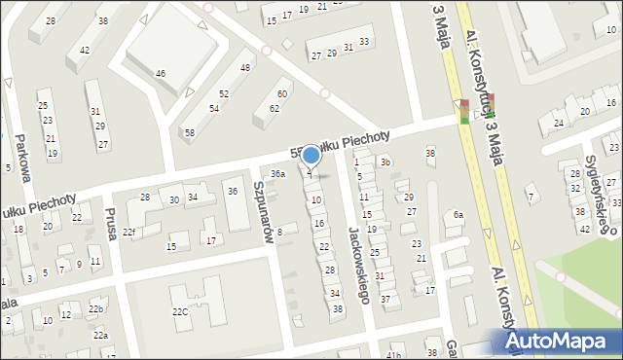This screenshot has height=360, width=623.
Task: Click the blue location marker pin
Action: pyautogui.click(x=311, y=155)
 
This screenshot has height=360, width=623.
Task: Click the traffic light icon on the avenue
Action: pyautogui.click(x=477, y=109)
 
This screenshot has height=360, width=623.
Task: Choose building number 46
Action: pyautogui.click(x=161, y=73)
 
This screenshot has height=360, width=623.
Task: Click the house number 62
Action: pyautogui.click(x=275, y=108)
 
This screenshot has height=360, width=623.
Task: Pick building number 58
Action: pyautogui.click(x=190, y=131)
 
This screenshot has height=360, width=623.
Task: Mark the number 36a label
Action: pyautogui.click(x=278, y=174)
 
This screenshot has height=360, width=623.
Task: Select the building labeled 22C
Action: pyautogui.click(x=180, y=311)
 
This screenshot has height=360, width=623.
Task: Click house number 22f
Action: pyautogui.click(x=128, y=232)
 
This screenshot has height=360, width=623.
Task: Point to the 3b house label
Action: pyautogui.click(x=385, y=162)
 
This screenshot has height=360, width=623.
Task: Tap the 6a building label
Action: pyautogui.click(x=457, y=214)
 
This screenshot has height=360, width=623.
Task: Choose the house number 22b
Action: pyautogui.click(x=95, y=309)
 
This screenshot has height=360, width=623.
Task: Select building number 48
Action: pyautogui.click(x=245, y=67)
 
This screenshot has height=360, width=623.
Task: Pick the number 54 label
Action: pyautogui.click(x=213, y=108)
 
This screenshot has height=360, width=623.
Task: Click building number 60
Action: pyautogui.click(x=282, y=93)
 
